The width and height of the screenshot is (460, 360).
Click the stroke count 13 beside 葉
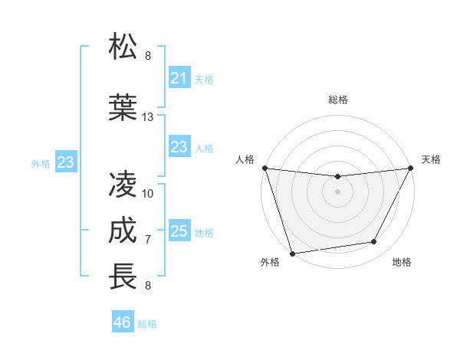(148, 117)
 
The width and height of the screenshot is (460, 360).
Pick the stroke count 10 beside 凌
(148, 193)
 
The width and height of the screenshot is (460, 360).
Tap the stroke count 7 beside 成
(148, 240)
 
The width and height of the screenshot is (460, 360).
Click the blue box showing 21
(179, 78)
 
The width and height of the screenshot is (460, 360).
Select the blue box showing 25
(179, 231)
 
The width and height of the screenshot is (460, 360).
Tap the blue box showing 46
(123, 322)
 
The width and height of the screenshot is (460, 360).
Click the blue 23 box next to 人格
(179, 147)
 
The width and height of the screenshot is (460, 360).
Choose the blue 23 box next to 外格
(65, 162)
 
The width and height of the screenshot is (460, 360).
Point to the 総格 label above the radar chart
(338, 100)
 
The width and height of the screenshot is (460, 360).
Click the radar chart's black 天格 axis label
(431, 159)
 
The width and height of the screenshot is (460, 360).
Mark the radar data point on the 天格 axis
(412, 168)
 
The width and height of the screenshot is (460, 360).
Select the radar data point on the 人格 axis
(264, 168)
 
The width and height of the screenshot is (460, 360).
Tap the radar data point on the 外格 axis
(292, 253)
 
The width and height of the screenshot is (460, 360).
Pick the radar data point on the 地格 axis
(374, 242)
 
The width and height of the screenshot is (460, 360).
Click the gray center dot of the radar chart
(338, 191)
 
